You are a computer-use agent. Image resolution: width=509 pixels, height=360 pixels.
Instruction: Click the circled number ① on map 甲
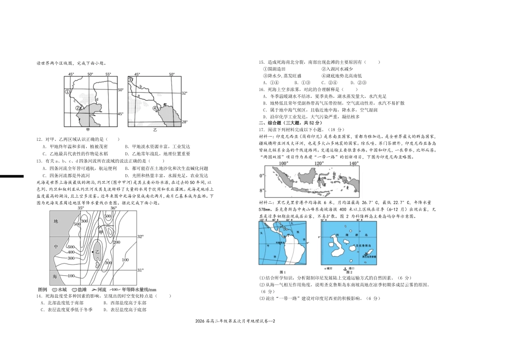(x=68, y=92)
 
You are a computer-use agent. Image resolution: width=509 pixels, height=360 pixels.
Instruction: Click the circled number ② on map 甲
(x=78, y=108)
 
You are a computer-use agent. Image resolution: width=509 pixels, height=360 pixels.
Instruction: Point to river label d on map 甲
(x=97, y=99)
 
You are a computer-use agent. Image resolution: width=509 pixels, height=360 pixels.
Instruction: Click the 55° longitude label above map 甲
(x=108, y=74)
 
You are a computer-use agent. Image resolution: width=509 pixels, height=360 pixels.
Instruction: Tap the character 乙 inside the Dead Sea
(x=98, y=251)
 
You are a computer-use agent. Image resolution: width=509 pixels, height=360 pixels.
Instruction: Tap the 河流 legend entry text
(x=100, y=289)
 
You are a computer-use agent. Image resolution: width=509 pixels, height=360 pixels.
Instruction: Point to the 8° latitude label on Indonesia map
(x=262, y=190)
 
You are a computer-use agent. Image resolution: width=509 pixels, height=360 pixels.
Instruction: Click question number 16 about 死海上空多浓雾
(x=260, y=89)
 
